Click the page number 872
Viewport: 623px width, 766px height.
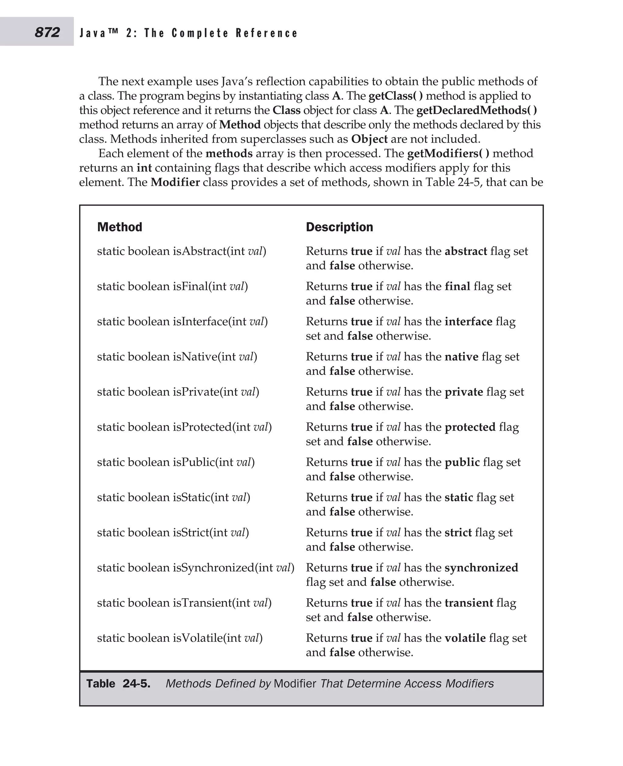47,32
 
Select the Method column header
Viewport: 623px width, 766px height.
120,227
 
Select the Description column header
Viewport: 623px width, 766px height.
339,227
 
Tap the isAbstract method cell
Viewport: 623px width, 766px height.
182,251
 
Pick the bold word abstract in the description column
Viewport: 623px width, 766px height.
465,251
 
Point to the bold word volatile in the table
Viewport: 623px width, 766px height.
465,638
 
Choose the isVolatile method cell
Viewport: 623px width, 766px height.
180,638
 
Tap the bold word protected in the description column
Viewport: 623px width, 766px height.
470,427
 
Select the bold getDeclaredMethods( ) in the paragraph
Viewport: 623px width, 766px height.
476,110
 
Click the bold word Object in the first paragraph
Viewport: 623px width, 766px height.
369,139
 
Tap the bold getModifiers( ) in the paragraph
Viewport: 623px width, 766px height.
448,153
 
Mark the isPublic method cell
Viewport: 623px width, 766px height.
176,462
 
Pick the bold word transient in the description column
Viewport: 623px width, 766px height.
469,602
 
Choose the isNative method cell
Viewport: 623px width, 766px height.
177,357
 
